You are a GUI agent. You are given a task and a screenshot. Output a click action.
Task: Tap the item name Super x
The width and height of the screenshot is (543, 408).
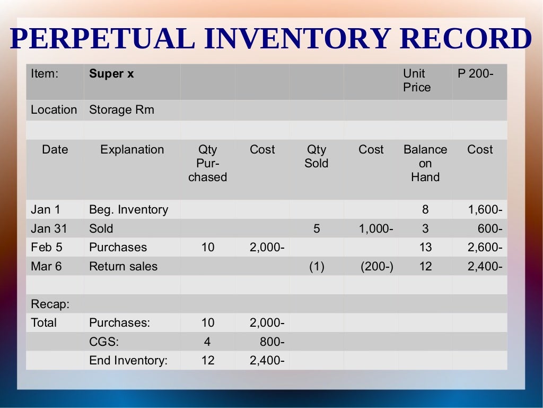(111, 74)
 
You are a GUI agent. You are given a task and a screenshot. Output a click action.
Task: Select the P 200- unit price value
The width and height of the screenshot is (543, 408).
(475, 74)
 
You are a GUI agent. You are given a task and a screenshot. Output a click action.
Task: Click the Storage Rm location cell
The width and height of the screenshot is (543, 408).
(121, 110)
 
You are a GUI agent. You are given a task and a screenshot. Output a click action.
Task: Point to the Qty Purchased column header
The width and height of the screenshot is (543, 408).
(208, 163)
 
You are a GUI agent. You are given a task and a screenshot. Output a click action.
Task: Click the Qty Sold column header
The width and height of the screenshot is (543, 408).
(316, 156)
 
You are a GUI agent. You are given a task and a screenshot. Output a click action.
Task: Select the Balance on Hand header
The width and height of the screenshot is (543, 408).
(425, 163)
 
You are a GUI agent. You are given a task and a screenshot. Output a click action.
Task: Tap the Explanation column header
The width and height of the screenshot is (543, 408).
(132, 150)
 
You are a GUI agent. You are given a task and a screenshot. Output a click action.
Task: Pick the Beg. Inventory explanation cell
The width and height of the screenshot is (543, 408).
(128, 210)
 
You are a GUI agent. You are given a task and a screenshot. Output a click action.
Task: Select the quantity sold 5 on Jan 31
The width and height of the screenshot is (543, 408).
(317, 228)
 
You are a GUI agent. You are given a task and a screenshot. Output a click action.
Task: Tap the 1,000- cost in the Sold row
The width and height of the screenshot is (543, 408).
(376, 228)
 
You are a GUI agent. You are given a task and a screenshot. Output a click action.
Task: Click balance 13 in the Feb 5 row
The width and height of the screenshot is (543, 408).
(425, 247)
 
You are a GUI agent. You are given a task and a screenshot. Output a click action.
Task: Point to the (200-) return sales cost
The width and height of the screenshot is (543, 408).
(377, 266)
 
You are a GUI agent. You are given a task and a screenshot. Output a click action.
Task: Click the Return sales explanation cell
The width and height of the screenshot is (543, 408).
(123, 266)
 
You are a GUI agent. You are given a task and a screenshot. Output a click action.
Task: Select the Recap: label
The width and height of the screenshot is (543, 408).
(50, 304)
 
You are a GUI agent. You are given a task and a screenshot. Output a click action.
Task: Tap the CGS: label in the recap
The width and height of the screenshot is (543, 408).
(104, 342)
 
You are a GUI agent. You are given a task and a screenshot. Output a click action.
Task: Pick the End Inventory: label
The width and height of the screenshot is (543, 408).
(128, 360)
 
